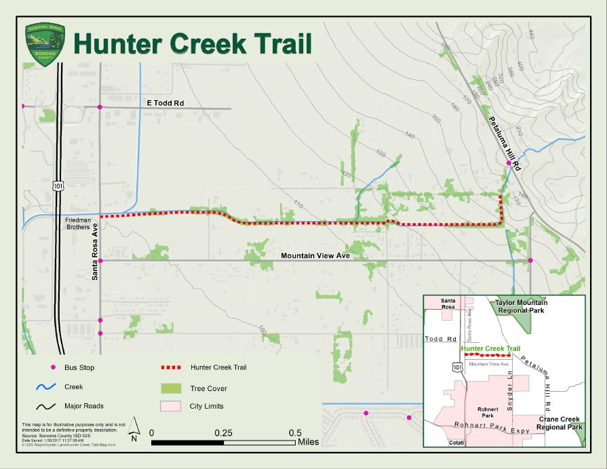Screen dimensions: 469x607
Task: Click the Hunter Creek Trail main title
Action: click(x=193, y=43)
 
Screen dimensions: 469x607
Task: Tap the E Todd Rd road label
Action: click(x=165, y=103)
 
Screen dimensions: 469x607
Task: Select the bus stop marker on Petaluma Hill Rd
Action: click(x=508, y=163)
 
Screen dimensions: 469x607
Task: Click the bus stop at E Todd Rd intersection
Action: click(x=100, y=107)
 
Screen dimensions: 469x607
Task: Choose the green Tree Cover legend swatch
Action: click(x=171, y=388)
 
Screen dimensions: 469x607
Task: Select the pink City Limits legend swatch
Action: click(x=171, y=407)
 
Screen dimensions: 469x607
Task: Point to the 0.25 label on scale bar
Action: click(x=224, y=433)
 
